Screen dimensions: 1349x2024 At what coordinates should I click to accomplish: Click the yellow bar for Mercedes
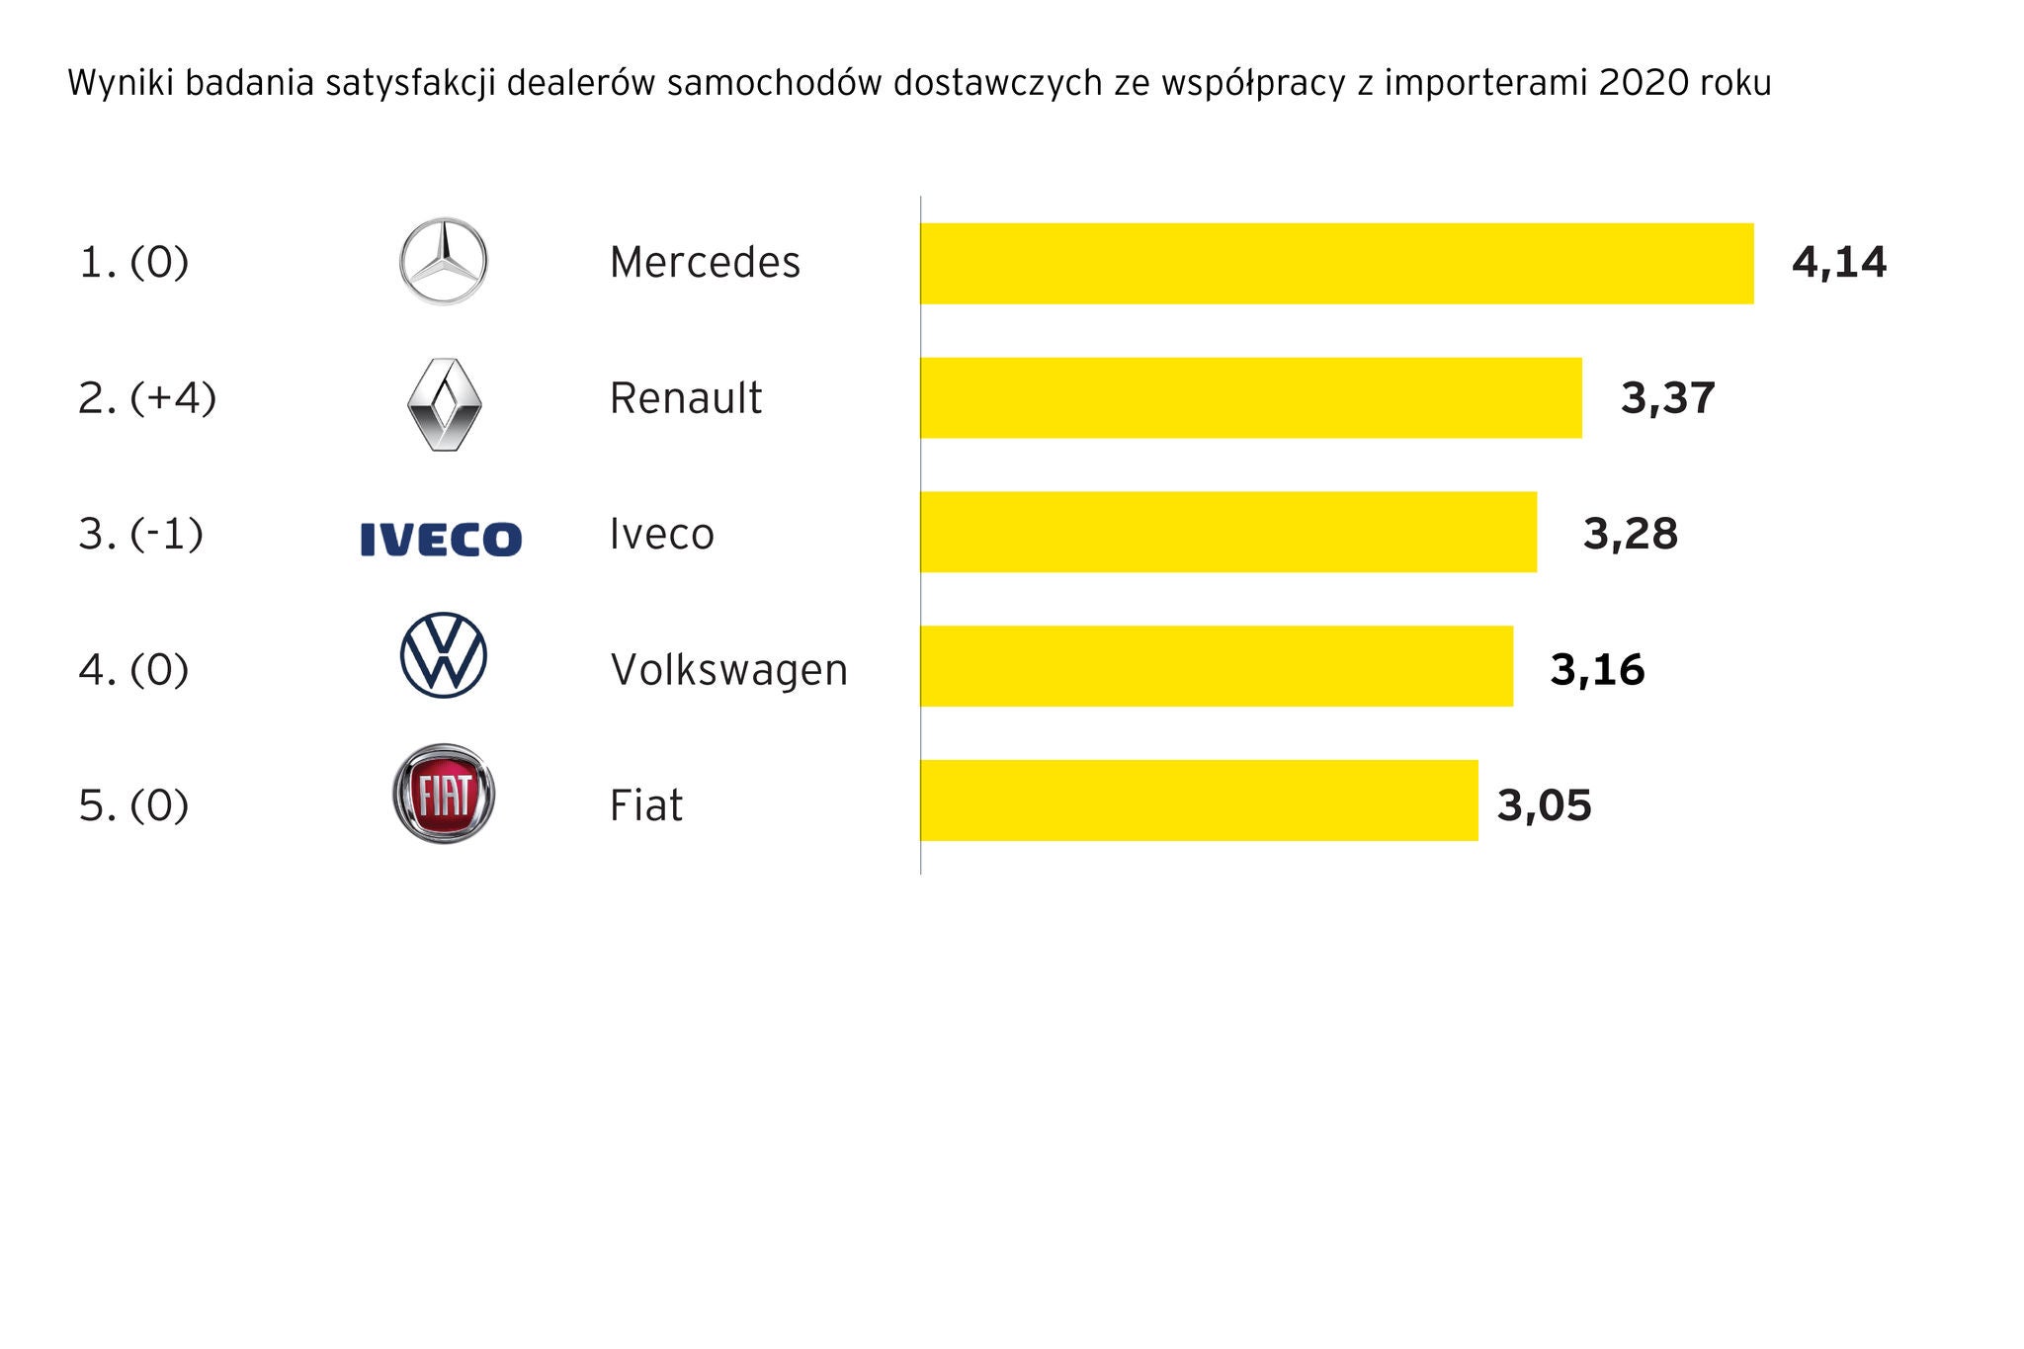coord(1336,263)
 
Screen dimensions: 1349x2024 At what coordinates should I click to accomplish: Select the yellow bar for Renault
coord(1250,397)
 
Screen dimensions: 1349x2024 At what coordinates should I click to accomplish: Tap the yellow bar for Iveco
coord(1227,532)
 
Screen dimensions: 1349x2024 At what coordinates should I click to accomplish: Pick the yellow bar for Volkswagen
coord(1216,666)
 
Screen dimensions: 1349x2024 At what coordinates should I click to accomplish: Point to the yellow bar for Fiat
coord(1199,801)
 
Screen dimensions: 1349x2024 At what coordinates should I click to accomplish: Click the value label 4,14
coord(1838,263)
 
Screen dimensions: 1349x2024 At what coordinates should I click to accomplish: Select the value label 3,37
coord(1667,398)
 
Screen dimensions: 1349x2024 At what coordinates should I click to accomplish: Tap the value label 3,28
coord(1630,534)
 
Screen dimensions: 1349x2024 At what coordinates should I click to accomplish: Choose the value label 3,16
coord(1597,669)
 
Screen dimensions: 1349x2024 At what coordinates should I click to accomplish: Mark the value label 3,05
coord(1544,805)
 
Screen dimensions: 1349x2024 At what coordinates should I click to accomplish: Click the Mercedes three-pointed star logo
coord(443,262)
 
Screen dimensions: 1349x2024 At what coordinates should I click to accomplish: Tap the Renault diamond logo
coord(444,404)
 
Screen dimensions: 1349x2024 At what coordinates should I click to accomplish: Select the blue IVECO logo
coord(441,540)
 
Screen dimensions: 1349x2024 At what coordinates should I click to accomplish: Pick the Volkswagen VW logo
coord(443,655)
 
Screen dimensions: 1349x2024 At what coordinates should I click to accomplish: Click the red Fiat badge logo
coord(444,794)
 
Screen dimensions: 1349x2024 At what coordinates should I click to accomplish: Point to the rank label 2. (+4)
coord(147,398)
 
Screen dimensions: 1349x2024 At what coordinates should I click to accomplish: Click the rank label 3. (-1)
coord(140,534)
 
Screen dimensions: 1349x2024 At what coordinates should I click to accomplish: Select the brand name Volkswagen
coord(728,670)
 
